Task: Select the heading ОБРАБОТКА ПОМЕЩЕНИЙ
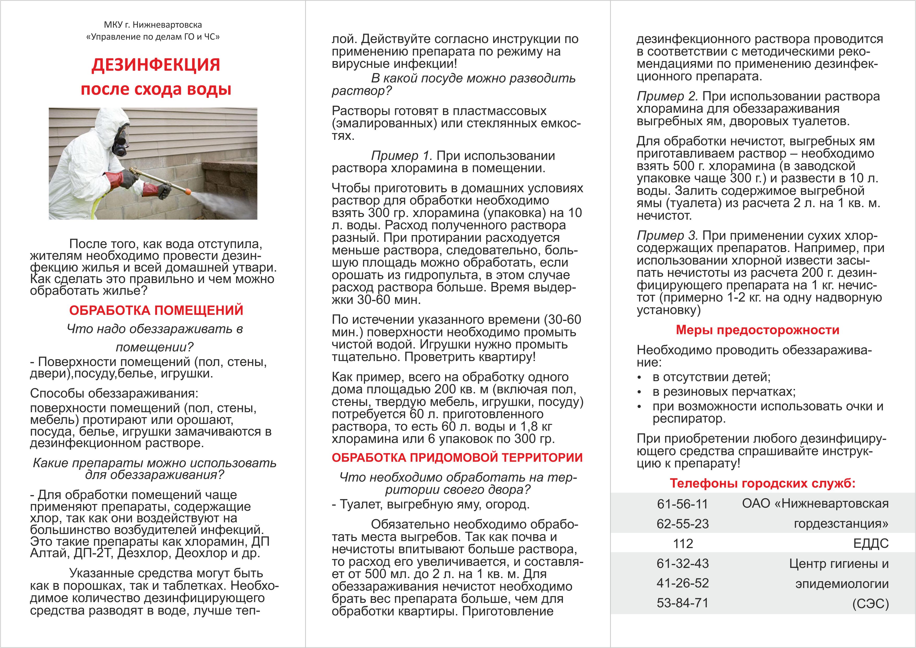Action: [x=156, y=310]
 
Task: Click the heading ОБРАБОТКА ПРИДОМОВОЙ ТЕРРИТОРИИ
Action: [x=457, y=458]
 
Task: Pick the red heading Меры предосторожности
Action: [x=757, y=330]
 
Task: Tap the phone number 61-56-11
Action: [x=682, y=504]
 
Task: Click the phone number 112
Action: [x=683, y=543]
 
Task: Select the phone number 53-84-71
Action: [x=682, y=603]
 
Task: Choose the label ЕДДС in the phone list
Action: [x=871, y=543]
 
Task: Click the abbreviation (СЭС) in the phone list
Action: [x=871, y=604]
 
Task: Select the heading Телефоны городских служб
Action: [x=762, y=484]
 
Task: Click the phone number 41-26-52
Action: [x=682, y=583]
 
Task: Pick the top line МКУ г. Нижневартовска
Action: [x=153, y=25]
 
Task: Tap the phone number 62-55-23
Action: [x=682, y=524]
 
